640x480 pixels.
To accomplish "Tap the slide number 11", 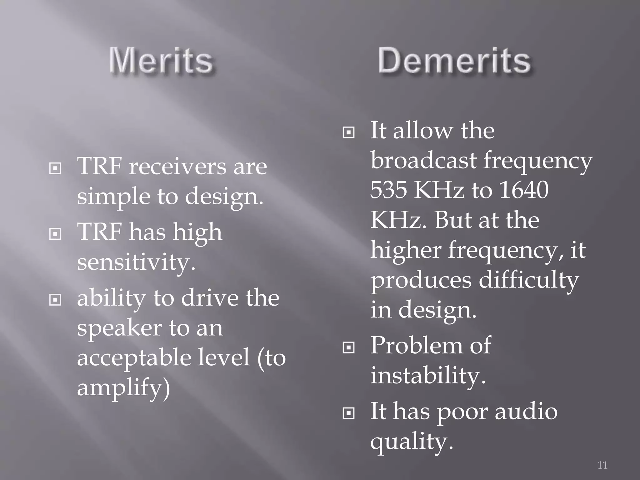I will pos(602,465).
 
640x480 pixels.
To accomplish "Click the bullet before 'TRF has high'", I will pos(55,234).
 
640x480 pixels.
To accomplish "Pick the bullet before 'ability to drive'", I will pos(55,300).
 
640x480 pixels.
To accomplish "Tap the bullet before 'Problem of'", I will pos(348,347).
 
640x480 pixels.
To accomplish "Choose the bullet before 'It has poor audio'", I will pos(348,413).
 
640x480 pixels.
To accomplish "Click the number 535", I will pos(388,190).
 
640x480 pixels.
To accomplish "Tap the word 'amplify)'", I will pos(123,388).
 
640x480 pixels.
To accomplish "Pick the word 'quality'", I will pos(411,442).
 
